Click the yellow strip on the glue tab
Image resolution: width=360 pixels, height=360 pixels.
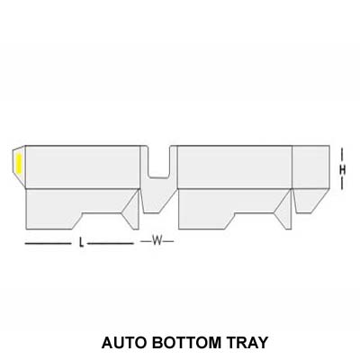tap(19, 164)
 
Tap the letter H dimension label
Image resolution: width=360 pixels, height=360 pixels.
tap(342, 168)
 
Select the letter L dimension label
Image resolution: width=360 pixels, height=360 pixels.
tap(81, 243)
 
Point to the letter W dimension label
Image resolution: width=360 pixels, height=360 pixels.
tap(157, 241)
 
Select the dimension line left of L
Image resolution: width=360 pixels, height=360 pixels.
tap(48, 243)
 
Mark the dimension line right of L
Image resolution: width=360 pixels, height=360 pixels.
tap(111, 243)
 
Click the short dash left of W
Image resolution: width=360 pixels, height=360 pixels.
tap(145, 241)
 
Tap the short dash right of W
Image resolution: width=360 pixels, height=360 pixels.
tap(169, 241)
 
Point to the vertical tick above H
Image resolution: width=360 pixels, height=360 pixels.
tap(342, 152)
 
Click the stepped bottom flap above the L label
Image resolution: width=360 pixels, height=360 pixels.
tap(76, 205)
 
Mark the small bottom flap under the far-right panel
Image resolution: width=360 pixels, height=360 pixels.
tap(310, 199)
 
